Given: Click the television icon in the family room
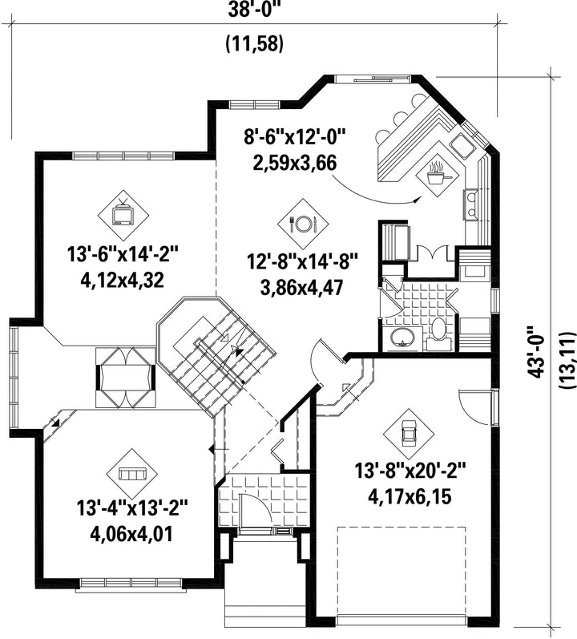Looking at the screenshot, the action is (123, 214).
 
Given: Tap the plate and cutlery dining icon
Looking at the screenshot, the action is (303, 224).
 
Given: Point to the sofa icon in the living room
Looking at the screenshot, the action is (132, 474).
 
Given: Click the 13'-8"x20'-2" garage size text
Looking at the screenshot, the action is (410, 471).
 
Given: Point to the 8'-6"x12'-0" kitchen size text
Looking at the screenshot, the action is (294, 137).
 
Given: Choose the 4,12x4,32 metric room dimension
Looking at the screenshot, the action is (123, 281).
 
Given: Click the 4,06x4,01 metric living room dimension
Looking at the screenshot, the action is (131, 534).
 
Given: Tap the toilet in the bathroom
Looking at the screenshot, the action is (438, 334).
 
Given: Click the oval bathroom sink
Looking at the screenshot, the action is (402, 338).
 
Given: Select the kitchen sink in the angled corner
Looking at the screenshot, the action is (462, 145).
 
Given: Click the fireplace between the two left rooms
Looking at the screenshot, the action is (125, 378).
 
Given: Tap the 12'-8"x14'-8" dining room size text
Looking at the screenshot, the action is (303, 261).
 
